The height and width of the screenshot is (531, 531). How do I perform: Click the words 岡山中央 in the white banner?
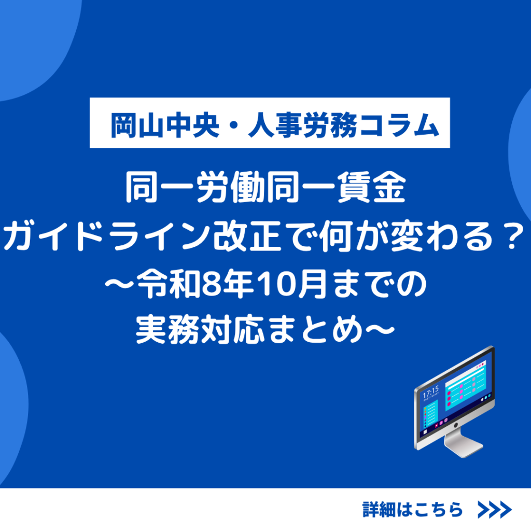[x=165, y=125]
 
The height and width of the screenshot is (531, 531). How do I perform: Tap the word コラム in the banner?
[x=398, y=125]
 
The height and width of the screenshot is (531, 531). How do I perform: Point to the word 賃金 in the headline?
[x=371, y=187]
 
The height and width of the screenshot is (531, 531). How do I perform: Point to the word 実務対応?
[x=200, y=329]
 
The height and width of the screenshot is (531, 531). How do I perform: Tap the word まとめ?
[x=314, y=329]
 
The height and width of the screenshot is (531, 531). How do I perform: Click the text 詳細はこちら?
[x=412, y=509]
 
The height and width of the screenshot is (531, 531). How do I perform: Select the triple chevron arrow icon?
[x=494, y=509]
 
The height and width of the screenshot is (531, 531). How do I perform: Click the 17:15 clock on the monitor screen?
[x=430, y=392]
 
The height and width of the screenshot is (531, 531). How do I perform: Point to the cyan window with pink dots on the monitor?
[x=466, y=385]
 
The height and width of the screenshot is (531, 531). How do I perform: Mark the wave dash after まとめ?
[x=379, y=329]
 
